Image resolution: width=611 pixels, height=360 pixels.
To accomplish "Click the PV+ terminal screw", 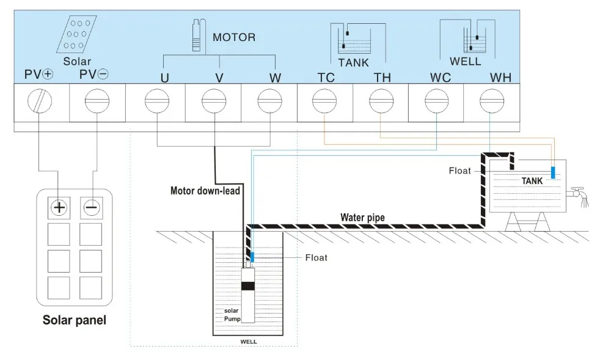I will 40,101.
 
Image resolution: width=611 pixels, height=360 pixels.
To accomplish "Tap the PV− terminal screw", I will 96,101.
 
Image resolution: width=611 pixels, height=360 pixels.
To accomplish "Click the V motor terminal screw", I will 214,101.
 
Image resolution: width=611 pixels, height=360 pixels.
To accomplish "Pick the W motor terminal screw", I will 269,101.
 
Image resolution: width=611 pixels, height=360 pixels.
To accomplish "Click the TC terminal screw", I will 324,101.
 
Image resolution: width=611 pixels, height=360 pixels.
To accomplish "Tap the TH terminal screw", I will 381,101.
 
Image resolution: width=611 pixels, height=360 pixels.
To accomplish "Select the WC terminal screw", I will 436,101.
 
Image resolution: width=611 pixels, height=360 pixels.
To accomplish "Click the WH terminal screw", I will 492,101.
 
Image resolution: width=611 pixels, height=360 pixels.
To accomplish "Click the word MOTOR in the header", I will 234,37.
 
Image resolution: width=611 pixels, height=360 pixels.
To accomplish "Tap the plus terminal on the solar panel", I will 59,207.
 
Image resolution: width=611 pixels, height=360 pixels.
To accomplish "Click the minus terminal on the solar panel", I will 91,207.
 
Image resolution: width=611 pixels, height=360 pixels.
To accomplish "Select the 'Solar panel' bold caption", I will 74,320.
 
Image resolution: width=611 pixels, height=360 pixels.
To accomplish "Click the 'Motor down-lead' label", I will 205,191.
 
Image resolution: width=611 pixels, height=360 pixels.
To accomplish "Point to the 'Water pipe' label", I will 362,217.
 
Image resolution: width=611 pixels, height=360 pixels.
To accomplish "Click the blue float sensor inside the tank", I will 552,172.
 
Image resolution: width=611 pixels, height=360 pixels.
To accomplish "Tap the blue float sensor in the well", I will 252,258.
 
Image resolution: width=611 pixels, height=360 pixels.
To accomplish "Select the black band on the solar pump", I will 248,286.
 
